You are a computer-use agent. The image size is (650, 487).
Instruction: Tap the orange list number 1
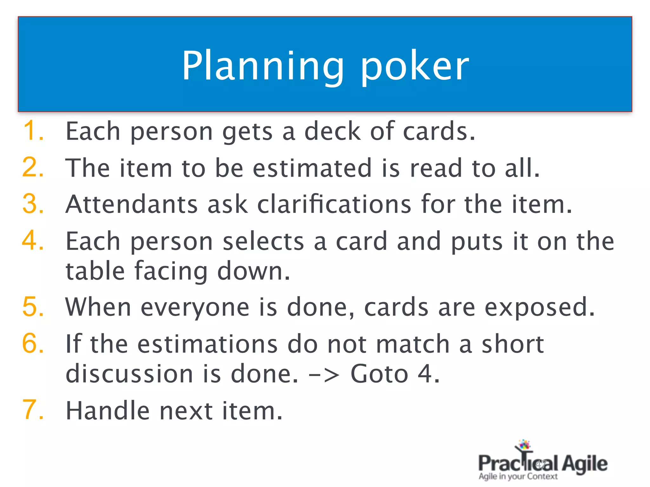(x=33, y=131)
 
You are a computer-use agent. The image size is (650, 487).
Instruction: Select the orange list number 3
(x=33, y=204)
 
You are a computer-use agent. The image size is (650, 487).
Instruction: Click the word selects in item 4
(x=263, y=242)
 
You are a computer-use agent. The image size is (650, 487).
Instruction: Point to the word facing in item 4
(x=171, y=271)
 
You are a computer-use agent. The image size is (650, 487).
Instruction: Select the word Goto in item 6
(x=379, y=374)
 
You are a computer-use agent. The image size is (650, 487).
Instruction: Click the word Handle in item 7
(x=107, y=411)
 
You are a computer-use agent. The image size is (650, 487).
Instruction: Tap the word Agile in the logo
(x=585, y=464)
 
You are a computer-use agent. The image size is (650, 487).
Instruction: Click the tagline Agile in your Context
(x=518, y=477)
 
